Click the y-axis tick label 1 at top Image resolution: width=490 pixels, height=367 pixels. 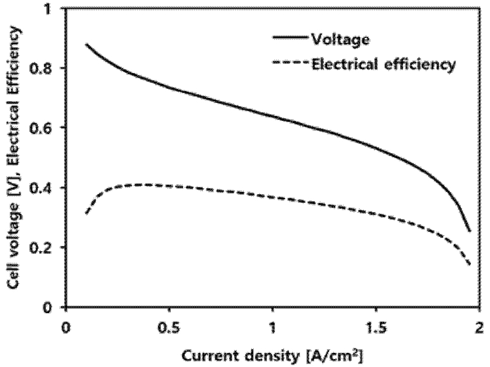pyautogui.click(x=53, y=9)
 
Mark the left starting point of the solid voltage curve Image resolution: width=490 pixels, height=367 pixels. pyautogui.click(x=86, y=44)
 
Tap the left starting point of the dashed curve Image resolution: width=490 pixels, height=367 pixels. pyautogui.click(x=86, y=214)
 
